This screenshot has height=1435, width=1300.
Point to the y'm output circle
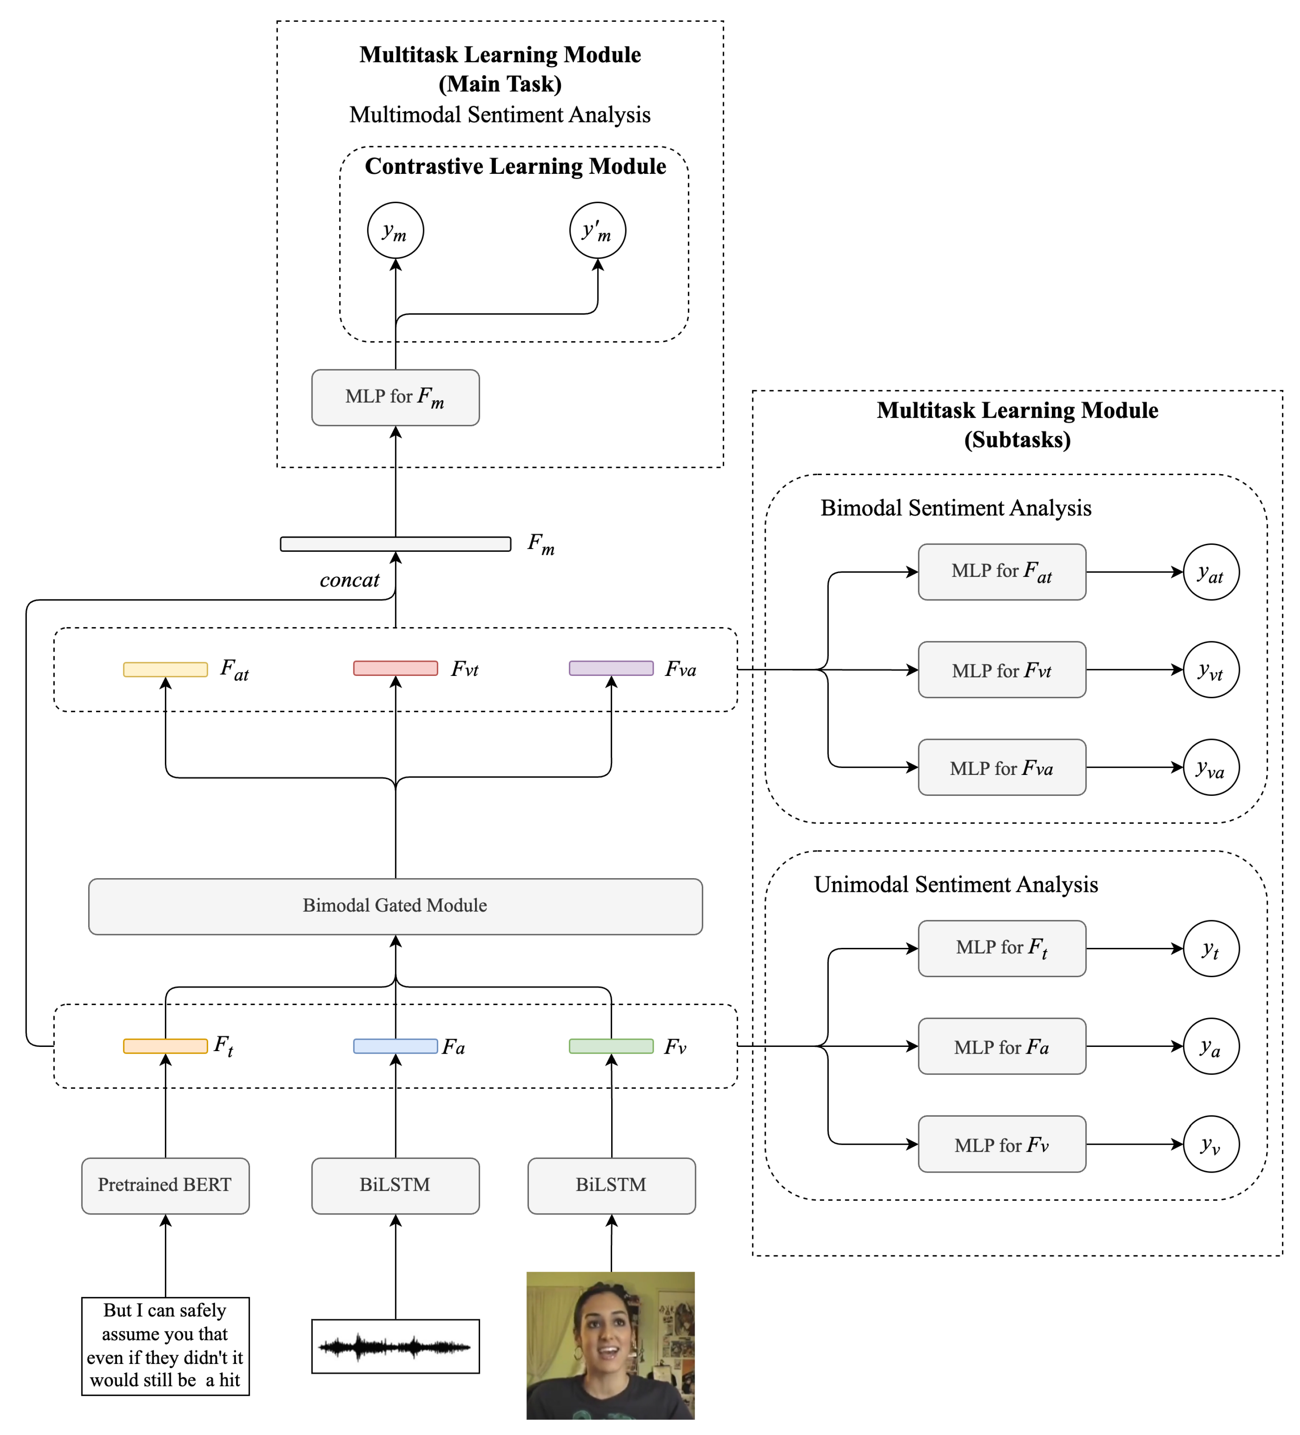click(x=597, y=231)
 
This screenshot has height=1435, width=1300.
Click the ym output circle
click(x=395, y=231)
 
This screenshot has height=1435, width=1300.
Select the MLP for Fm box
click(x=395, y=397)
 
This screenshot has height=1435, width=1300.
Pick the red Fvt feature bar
click(x=395, y=668)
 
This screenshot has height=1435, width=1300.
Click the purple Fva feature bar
click(x=611, y=668)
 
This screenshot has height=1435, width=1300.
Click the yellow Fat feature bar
click(x=165, y=669)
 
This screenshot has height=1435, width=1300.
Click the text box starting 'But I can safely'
click(x=165, y=1346)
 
